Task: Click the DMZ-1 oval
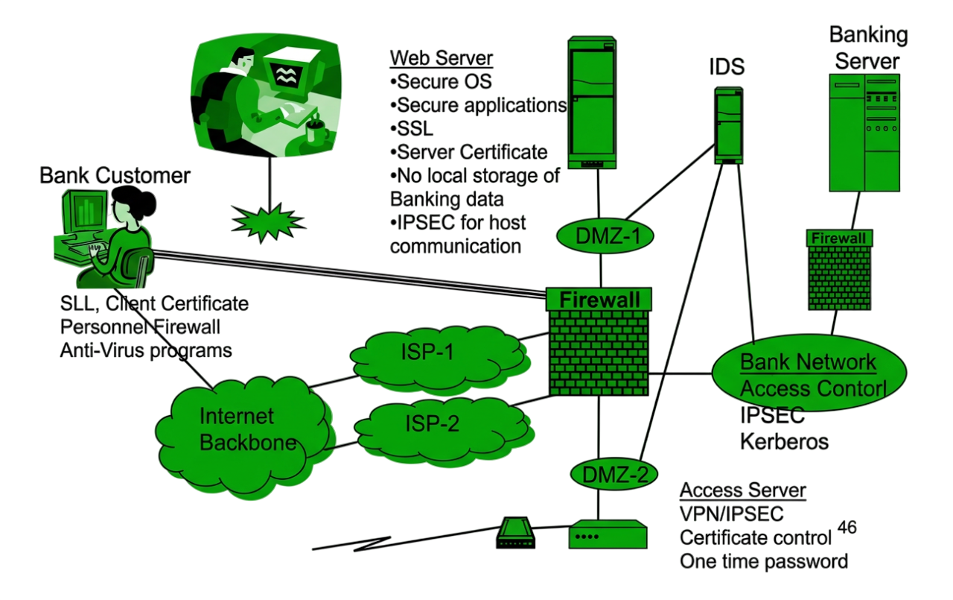605,236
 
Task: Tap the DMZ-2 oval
614,474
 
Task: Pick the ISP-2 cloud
444,430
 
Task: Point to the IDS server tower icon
728,126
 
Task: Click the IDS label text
727,67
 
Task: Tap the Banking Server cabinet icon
864,133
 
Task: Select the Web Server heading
442,58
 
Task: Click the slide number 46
847,528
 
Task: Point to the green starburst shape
268,222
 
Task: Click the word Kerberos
784,441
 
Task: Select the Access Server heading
743,490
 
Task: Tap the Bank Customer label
115,175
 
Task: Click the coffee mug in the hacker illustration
316,130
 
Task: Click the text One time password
764,561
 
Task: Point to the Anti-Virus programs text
146,351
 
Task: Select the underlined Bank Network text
808,362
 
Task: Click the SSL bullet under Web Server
412,129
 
